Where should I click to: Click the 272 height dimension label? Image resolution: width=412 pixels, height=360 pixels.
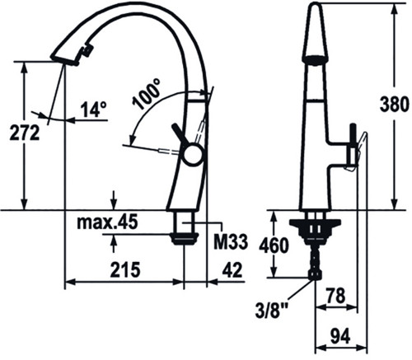pyautogui.click(x=25, y=133)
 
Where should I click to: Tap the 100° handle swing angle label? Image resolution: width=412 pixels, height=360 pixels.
pyautogui.click(x=147, y=93)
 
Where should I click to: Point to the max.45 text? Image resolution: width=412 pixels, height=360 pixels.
pyautogui.click(x=107, y=222)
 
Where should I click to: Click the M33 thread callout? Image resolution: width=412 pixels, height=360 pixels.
pyautogui.click(x=231, y=242)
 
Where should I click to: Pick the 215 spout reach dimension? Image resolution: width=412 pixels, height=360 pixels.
pyautogui.click(x=125, y=269)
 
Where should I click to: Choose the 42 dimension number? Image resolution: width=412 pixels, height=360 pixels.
pyautogui.click(x=232, y=269)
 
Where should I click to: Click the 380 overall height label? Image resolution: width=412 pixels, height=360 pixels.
pyautogui.click(x=394, y=105)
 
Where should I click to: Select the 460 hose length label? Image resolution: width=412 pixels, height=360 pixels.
pyautogui.click(x=274, y=245)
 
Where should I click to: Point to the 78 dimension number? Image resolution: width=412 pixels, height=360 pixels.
pyautogui.click(x=336, y=296)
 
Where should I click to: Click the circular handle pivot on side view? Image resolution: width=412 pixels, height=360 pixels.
pyautogui.click(x=193, y=155)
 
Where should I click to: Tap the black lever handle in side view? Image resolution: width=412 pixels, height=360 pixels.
pyautogui.click(x=180, y=133)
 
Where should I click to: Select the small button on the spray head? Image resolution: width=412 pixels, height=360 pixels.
pyautogui.click(x=87, y=51)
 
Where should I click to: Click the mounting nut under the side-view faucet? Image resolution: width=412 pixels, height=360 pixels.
pyautogui.click(x=183, y=238)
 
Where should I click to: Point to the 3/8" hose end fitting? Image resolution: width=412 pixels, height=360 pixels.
pyautogui.click(x=315, y=274)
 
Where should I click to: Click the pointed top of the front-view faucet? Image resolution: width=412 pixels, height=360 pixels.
pyautogui.click(x=316, y=4)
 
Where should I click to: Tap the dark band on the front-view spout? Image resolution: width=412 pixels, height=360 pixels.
pyautogui.click(x=316, y=60)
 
